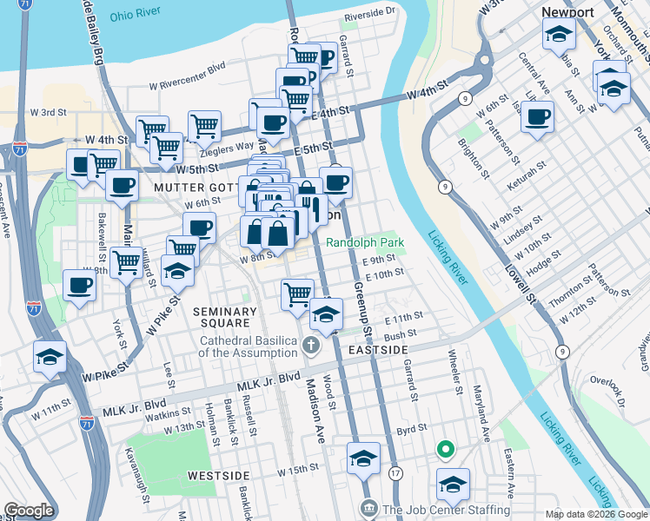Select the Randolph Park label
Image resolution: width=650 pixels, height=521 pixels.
click(x=366, y=242)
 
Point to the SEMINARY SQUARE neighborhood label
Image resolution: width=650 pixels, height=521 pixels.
click(x=225, y=318)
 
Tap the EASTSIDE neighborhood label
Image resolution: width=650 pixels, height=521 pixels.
click(x=378, y=349)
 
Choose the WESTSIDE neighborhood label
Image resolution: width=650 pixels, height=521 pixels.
click(x=218, y=476)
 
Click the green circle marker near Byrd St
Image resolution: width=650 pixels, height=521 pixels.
click(x=445, y=449)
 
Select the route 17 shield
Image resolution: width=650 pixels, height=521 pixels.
click(x=396, y=473)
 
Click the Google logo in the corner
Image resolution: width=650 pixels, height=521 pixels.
click(x=29, y=511)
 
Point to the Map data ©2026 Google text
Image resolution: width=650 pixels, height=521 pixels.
click(x=595, y=514)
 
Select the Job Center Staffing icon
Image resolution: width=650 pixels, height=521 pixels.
click(x=368, y=506)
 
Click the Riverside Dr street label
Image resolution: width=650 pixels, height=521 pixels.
click(x=369, y=14)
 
